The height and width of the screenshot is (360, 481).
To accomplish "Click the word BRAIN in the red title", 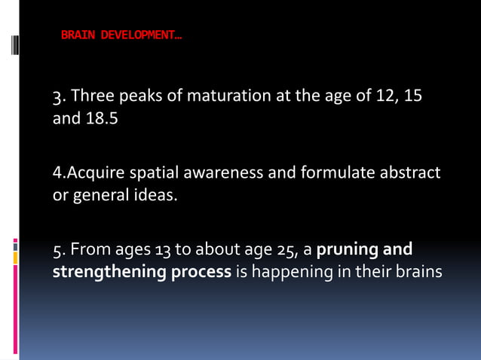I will coord(75,35).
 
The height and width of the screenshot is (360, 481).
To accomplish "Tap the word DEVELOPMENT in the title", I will coord(136,35).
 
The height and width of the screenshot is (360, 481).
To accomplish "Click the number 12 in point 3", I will coord(388,96).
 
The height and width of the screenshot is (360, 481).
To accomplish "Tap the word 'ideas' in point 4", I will coord(151,196).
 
